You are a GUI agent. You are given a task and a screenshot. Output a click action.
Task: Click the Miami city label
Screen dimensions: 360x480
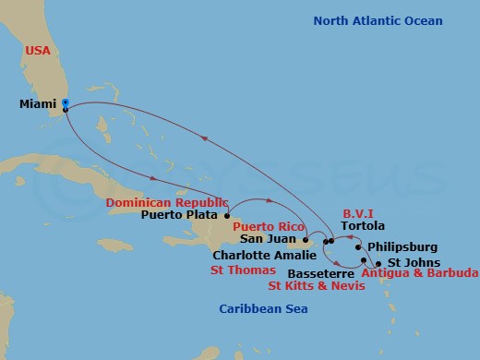[x=36, y=104]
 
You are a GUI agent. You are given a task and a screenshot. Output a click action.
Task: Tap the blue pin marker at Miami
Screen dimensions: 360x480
[x=65, y=105]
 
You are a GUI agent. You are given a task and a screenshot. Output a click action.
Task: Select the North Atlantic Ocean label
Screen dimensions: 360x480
[x=378, y=21]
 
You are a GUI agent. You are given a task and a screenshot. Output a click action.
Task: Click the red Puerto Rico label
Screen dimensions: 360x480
[x=268, y=225]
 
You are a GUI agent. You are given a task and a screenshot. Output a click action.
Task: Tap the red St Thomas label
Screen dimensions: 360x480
[x=244, y=270]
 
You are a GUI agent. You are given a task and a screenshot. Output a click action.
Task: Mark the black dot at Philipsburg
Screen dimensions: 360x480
[x=357, y=247]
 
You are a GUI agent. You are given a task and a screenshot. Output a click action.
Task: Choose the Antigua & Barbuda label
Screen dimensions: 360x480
[x=419, y=273]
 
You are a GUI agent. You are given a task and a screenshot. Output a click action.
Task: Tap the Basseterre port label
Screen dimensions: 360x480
[x=321, y=273]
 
